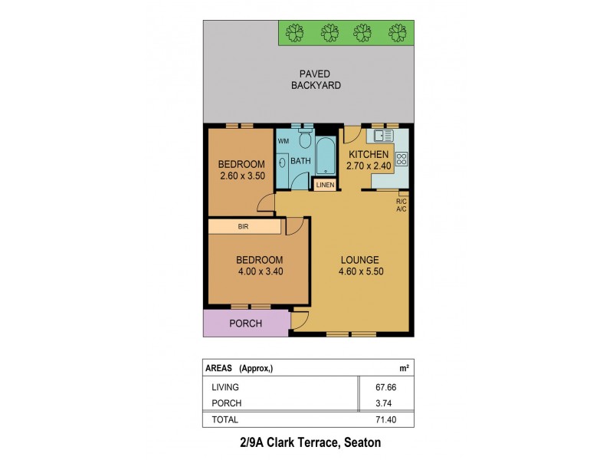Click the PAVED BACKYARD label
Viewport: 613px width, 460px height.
click(316, 80)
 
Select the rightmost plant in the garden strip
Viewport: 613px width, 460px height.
click(397, 32)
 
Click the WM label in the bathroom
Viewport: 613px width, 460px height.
click(283, 141)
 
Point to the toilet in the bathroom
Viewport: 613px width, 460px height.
click(305, 140)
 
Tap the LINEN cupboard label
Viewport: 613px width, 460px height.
click(324, 185)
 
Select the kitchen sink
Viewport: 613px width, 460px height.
click(382, 136)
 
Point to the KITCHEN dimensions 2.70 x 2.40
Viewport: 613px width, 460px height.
click(369, 165)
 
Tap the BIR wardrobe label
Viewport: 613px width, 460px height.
click(243, 227)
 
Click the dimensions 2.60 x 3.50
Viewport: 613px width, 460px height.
click(241, 176)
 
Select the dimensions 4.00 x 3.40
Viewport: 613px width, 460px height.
click(260, 271)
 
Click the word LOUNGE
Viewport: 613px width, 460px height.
click(359, 259)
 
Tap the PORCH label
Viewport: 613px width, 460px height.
click(246, 324)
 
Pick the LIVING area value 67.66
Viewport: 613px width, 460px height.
click(396, 387)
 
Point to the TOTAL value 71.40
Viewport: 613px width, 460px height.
click(396, 419)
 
